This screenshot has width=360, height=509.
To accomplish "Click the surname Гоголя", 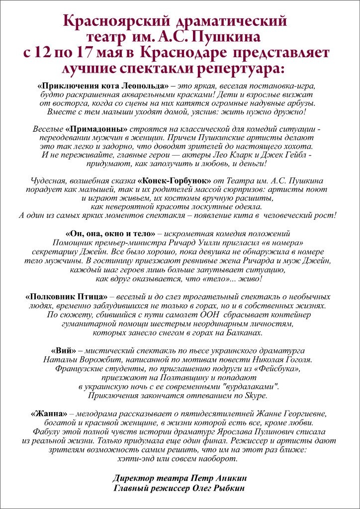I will coord(294,359).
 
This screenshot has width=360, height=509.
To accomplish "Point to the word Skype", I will coord(255,396).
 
